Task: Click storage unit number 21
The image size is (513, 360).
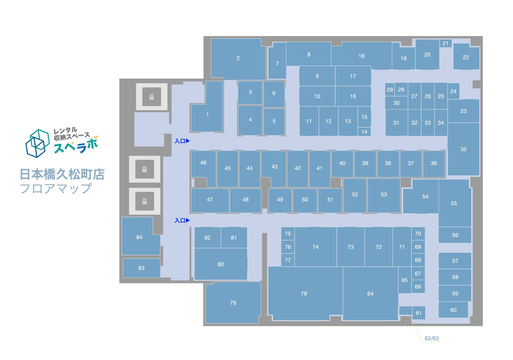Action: [x=445, y=43]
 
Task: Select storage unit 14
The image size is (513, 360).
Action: [x=364, y=132]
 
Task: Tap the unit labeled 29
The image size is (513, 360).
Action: [x=390, y=90]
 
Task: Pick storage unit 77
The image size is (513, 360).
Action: [x=288, y=260]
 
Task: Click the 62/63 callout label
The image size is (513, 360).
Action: [x=431, y=338]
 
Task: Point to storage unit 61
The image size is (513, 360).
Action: [x=419, y=313]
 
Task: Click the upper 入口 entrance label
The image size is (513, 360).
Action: [x=182, y=141]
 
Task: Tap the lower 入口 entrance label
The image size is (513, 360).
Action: [x=182, y=221]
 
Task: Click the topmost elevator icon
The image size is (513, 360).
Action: [x=152, y=97]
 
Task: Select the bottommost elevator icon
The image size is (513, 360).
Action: [x=145, y=201]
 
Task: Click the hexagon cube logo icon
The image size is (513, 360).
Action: [x=37, y=143]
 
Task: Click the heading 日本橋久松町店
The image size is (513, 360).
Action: [x=62, y=174]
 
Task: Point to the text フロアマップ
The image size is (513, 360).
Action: [x=56, y=189]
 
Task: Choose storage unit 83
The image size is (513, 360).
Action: [x=142, y=268]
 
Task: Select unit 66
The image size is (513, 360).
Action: [x=418, y=287]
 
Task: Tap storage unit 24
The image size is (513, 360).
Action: [x=453, y=91]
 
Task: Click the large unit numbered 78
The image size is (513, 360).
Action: [x=304, y=293]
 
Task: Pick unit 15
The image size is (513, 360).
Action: [x=364, y=117]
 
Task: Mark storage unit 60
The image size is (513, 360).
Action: [x=453, y=310]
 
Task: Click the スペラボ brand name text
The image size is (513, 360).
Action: [x=76, y=146]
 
